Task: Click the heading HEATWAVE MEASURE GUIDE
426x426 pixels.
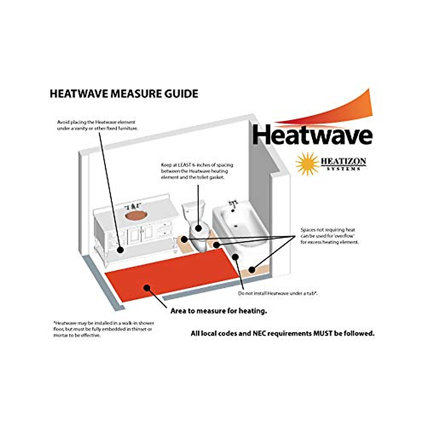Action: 124,94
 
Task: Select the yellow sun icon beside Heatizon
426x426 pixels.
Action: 307,163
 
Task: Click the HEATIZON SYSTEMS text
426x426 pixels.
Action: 343,164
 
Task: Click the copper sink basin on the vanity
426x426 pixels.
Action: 136,215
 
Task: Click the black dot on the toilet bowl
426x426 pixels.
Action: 198,228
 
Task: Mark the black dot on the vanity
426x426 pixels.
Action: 120,250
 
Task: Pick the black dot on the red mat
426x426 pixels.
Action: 147,287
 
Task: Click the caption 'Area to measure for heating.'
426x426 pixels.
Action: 219,311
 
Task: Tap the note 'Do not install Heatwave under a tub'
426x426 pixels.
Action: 277,294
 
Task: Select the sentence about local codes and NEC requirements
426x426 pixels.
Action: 283,333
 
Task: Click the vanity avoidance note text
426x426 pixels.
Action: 97,125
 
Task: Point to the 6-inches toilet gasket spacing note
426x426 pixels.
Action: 197,171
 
